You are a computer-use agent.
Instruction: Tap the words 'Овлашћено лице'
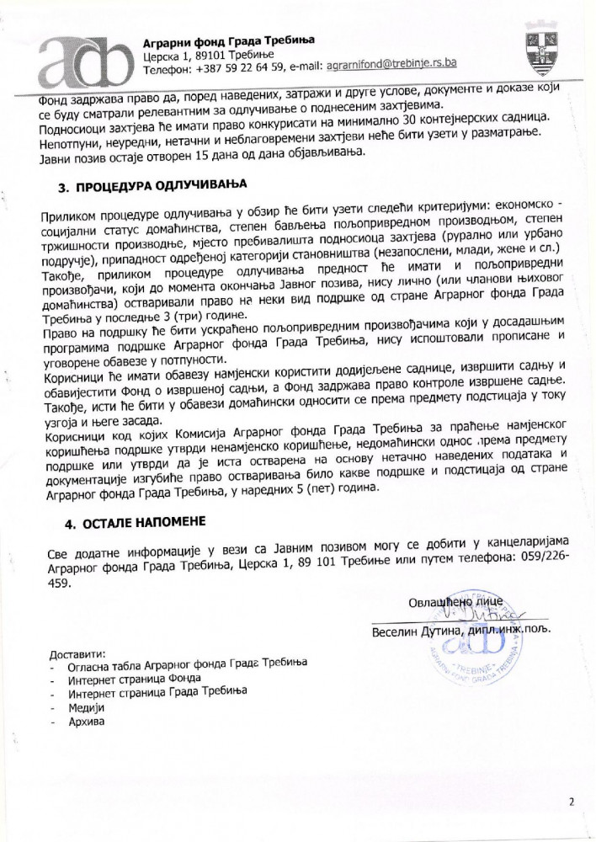(450, 601)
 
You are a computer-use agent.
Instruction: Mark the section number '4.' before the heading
(71, 524)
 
